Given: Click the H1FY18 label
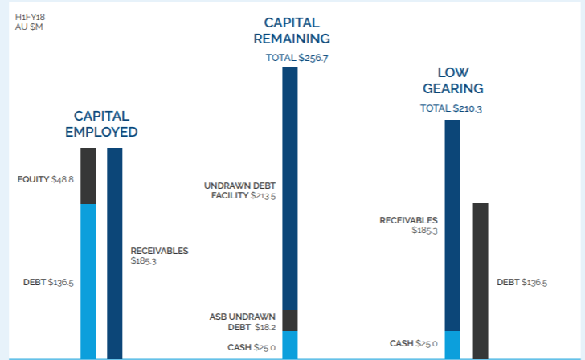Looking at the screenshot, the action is pyautogui.click(x=30, y=17).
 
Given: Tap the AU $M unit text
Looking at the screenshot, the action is pyautogui.click(x=29, y=27).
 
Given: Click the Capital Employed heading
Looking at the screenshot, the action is pyautogui.click(x=101, y=124).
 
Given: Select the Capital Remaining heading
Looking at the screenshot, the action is pyautogui.click(x=292, y=31).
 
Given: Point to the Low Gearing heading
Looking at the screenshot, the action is pyautogui.click(x=453, y=80).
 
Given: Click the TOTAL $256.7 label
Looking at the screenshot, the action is pyautogui.click(x=297, y=58).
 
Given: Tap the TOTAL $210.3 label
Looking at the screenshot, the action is pyautogui.click(x=451, y=108).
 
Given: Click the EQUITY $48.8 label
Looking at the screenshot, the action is pyautogui.click(x=46, y=179).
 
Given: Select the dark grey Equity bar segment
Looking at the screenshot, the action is pyautogui.click(x=88, y=176).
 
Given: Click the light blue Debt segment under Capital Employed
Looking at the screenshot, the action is pyautogui.click(x=88, y=281).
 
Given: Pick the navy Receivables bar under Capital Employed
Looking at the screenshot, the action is pyautogui.click(x=115, y=253).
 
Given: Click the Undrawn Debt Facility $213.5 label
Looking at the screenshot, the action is pyautogui.click(x=240, y=190).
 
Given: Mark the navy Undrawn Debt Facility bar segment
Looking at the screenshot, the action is pyautogui.click(x=290, y=188).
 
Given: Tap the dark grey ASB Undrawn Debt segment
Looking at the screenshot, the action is pyautogui.click(x=290, y=321).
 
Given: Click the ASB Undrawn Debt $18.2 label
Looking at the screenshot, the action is pyautogui.click(x=243, y=322).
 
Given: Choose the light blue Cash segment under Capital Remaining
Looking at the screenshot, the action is pyautogui.click(x=290, y=345).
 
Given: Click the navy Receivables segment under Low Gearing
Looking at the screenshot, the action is pyautogui.click(x=452, y=225).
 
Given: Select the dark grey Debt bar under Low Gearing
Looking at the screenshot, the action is pyautogui.click(x=481, y=281).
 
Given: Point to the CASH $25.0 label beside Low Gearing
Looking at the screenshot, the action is pyautogui.click(x=413, y=343).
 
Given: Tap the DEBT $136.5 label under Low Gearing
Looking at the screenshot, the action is pyautogui.click(x=522, y=282).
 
